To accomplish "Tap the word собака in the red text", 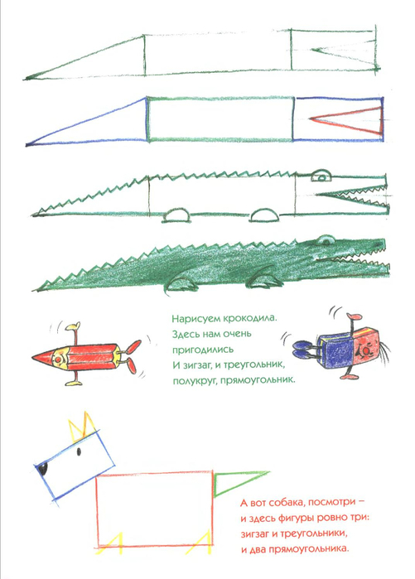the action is coord(287,503).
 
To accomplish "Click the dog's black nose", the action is coord(43,469).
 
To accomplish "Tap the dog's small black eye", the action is coord(79,451).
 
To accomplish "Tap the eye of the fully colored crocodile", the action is coord(324,241).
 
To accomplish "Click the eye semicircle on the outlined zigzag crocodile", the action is coord(321,176).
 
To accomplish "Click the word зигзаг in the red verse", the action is coord(254,534).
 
